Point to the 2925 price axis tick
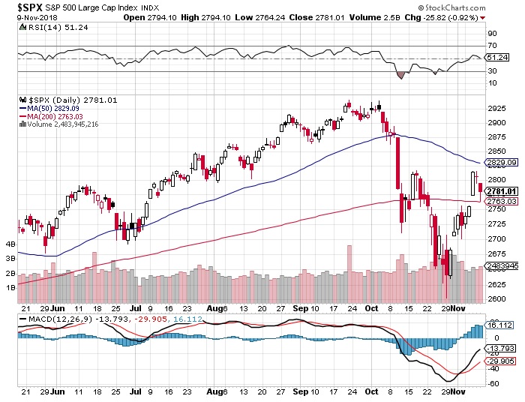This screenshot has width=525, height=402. click(x=496, y=108)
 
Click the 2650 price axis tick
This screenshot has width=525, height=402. click(x=496, y=269)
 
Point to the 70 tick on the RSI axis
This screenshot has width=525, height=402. click(x=492, y=46)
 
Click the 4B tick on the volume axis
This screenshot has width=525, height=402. click(x=10, y=244)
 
